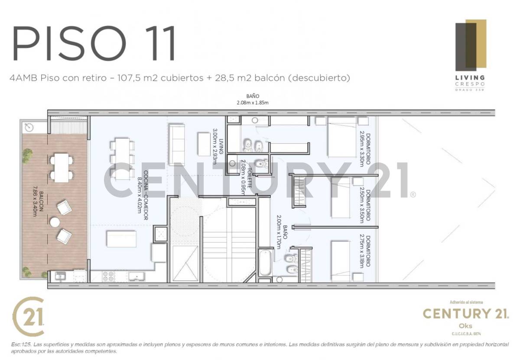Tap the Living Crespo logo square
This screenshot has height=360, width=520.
tap(470, 44)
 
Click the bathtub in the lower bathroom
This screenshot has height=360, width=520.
tap(265, 263)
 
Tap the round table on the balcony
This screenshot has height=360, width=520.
tap(55, 222)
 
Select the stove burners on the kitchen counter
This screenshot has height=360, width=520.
tap(108, 276)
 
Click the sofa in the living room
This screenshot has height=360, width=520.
tap(176, 144)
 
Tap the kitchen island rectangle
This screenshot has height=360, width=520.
tap(121, 239)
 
